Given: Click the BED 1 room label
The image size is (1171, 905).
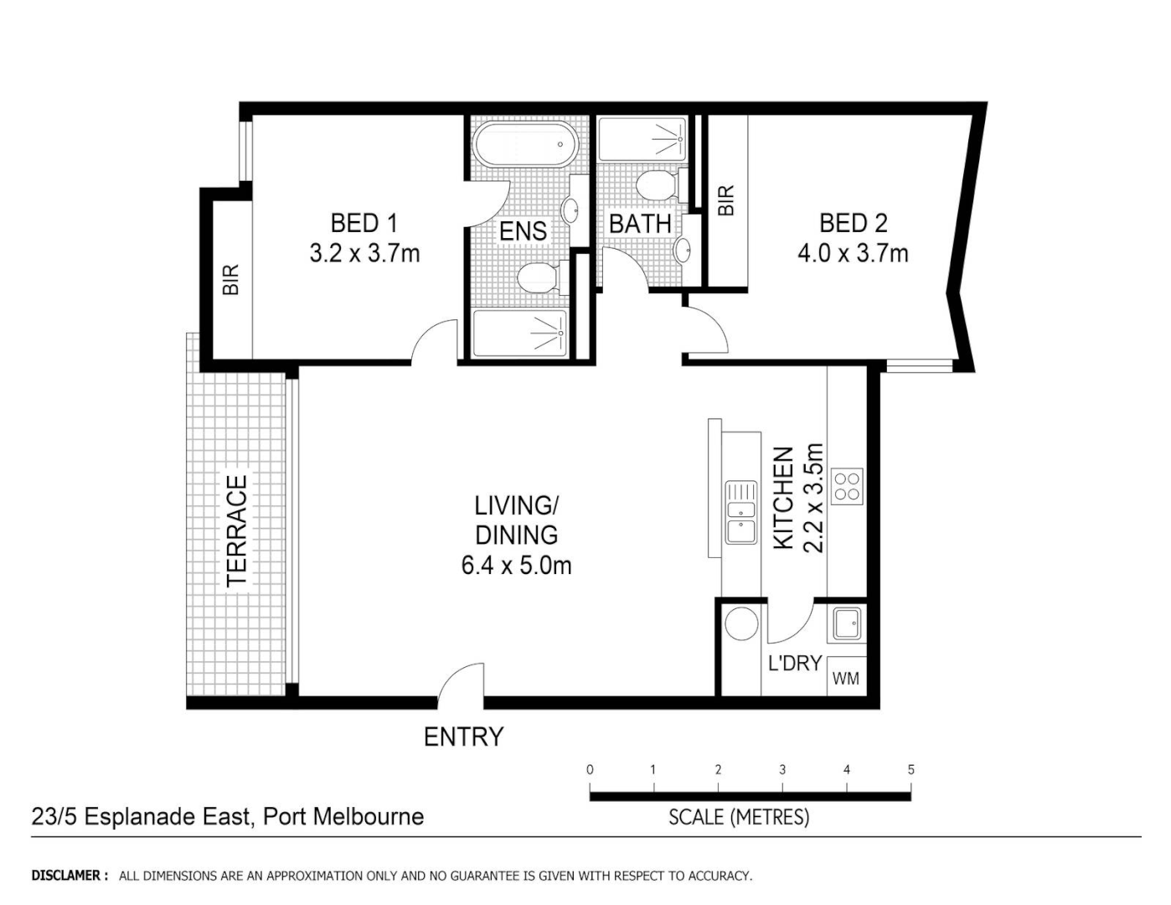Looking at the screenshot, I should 364,223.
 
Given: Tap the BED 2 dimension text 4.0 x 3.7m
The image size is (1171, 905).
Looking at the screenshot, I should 853,253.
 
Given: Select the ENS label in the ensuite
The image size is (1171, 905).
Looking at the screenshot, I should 523,231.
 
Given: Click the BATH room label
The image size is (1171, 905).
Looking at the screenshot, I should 640,225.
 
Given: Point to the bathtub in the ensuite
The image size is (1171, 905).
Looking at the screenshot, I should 525,147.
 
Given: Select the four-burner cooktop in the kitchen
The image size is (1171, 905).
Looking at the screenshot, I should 847,486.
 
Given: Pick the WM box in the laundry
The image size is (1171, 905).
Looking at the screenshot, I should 846,678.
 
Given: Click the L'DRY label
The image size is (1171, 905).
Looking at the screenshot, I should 794,664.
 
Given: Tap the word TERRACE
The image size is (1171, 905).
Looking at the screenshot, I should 237,530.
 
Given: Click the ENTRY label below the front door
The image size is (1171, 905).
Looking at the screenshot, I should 463,737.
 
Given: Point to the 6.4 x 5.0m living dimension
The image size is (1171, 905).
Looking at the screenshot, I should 516,566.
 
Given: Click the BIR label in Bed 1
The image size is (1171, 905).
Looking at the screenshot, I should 231,279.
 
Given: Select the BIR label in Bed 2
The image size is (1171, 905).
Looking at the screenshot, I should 725,200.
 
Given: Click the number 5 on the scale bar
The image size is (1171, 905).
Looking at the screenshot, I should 910,769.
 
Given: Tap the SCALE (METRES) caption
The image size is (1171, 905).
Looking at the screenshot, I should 739,816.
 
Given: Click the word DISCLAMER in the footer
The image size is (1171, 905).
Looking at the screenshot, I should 69,876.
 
